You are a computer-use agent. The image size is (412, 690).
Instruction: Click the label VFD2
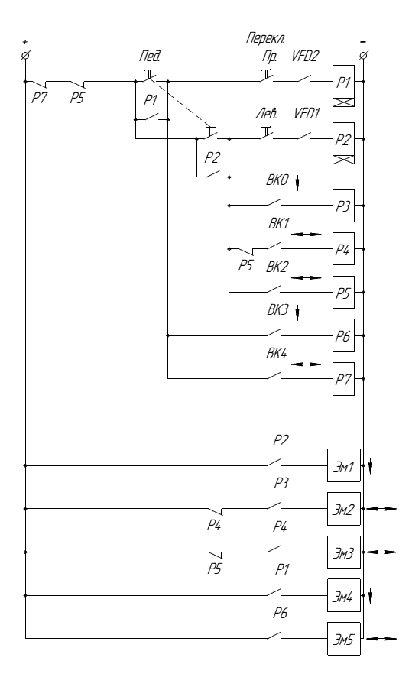click(306, 57)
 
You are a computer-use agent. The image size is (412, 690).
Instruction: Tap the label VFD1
click(307, 114)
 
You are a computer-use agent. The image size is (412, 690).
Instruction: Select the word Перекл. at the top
click(265, 39)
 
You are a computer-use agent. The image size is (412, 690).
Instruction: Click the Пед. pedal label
click(147, 57)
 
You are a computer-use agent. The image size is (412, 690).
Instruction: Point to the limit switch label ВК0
click(277, 180)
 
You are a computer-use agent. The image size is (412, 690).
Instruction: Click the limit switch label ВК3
click(277, 310)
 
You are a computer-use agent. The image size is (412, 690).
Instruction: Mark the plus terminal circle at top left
click(25, 56)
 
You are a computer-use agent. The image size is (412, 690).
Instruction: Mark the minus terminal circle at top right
click(363, 56)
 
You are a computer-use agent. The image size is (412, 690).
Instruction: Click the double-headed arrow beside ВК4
click(307, 364)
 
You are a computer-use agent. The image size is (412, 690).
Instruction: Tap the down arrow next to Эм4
click(370, 596)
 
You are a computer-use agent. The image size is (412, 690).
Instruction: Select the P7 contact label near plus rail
click(39, 99)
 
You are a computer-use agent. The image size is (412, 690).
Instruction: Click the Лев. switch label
click(267, 115)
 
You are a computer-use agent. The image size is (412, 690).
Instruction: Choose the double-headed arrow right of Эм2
click(381, 509)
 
